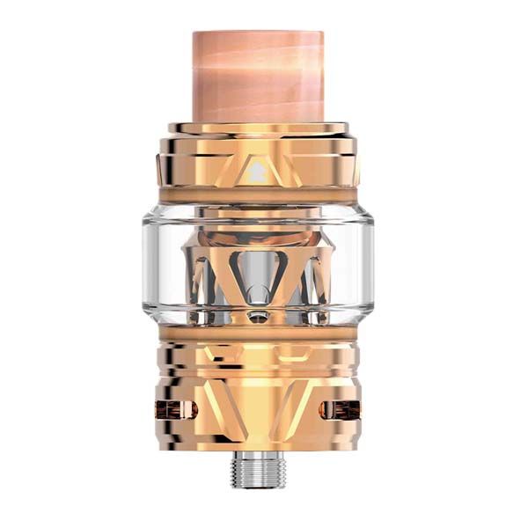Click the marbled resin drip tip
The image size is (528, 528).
point(261,75)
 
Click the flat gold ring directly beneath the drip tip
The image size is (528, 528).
point(261,128)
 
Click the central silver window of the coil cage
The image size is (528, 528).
point(261,273)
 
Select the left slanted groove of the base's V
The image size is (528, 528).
point(220,396)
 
